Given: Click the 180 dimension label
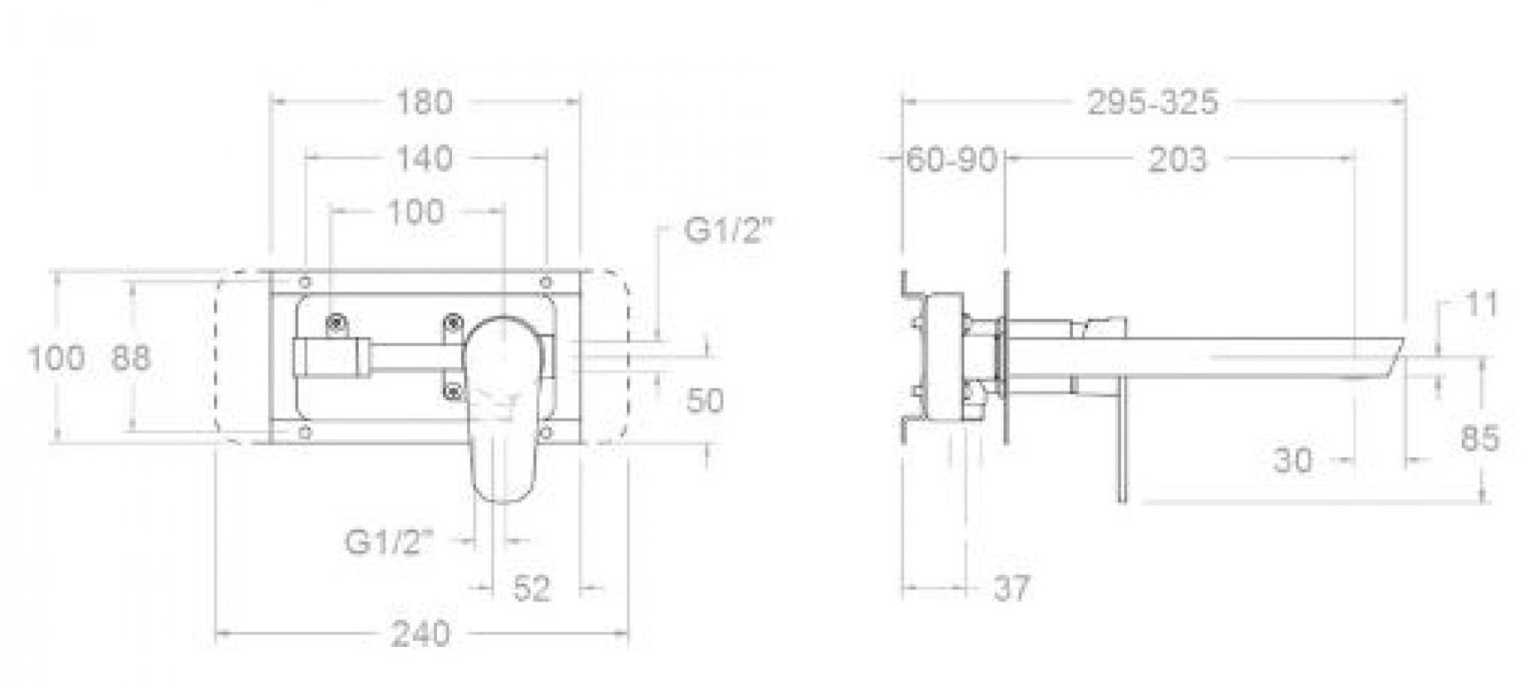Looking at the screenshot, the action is (425, 102).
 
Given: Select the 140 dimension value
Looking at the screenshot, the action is (425, 159).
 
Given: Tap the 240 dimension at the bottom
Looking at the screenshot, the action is (421, 634).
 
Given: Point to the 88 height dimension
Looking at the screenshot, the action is (132, 358).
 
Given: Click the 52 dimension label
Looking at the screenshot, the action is (532, 588).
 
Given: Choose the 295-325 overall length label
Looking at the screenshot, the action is (1152, 102).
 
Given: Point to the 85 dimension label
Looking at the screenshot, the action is (1480, 439).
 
